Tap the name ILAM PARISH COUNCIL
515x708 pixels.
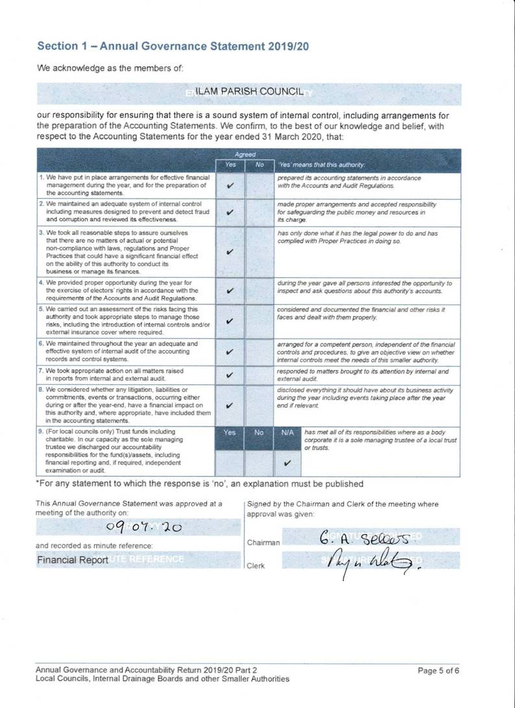tap(249, 92)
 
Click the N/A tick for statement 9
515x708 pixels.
tap(287, 463)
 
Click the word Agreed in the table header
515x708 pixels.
tap(245, 154)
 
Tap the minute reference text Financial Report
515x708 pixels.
tap(72, 559)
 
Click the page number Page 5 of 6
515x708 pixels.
tap(438, 670)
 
